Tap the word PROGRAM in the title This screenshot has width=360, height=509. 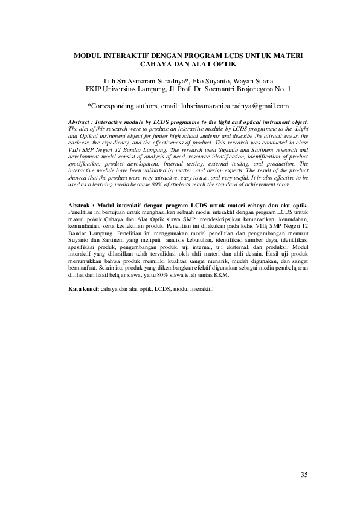(198, 55)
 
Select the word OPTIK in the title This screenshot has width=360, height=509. (223, 64)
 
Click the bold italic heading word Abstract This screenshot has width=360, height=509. (82, 123)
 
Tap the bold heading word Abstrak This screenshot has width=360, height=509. (80, 207)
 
